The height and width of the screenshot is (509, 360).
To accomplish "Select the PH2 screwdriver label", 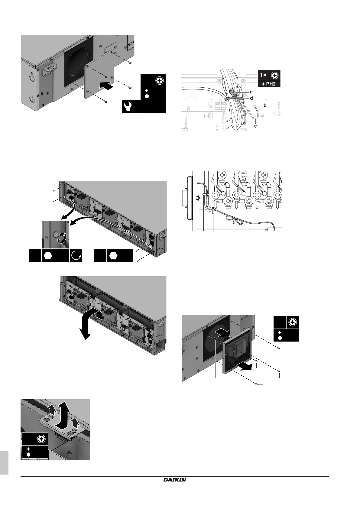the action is pyautogui.click(x=269, y=84).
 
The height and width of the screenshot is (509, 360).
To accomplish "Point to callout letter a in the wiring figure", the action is pyautogui.click(x=251, y=92).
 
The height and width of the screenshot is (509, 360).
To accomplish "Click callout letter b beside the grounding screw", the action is pyautogui.click(x=265, y=106).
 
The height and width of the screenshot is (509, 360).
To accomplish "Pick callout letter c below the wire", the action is pyautogui.click(x=255, y=126).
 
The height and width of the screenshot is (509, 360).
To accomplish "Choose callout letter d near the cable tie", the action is pyautogui.click(x=251, y=98).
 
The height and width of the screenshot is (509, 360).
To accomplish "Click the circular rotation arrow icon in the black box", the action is pyautogui.click(x=76, y=256).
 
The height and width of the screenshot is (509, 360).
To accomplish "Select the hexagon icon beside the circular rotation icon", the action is pyautogui.click(x=48, y=256).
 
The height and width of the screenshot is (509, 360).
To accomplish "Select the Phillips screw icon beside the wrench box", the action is pyautogui.click(x=160, y=81).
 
